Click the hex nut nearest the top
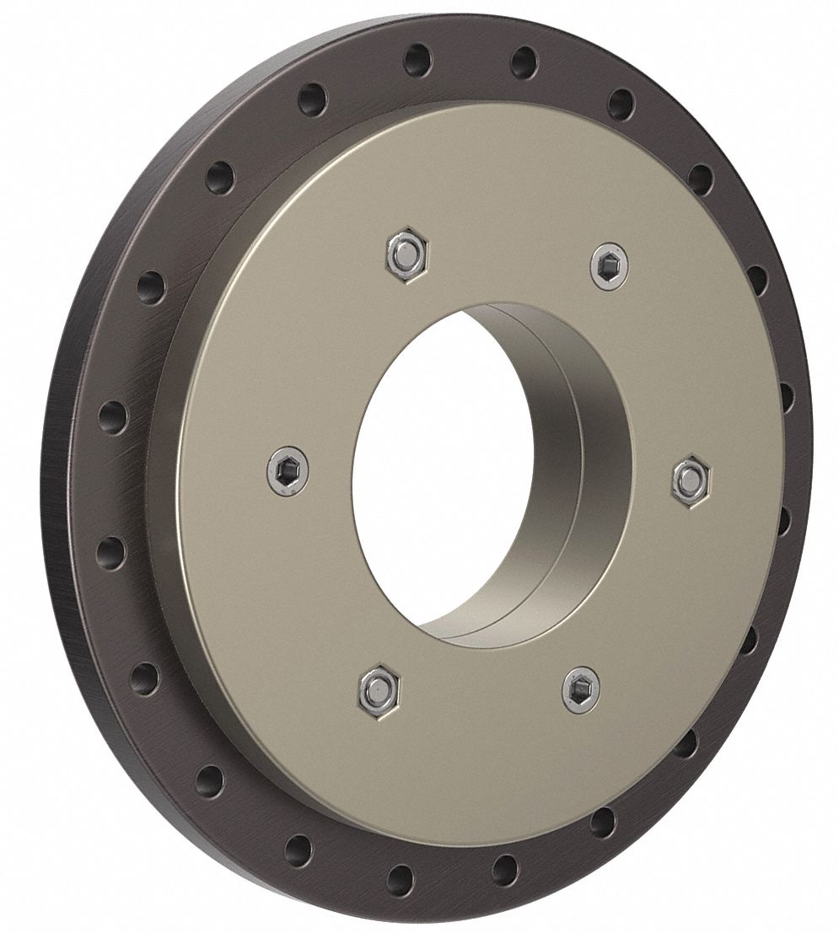[x=405, y=252]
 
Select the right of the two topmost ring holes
[x=524, y=62]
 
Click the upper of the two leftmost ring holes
[x=111, y=415]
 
